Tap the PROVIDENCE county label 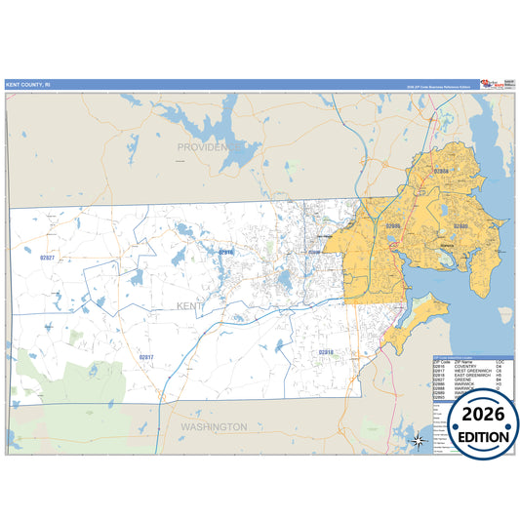tap(208, 146)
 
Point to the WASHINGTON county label tap(213, 426)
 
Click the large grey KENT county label tap(192, 306)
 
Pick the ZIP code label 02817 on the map tap(146, 356)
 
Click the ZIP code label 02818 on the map tap(326, 350)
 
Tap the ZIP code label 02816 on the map tap(225, 252)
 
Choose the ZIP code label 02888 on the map tap(441, 171)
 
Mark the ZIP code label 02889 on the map tap(460, 225)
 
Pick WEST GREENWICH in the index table tap(473, 372)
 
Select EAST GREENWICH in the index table tap(473, 378)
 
